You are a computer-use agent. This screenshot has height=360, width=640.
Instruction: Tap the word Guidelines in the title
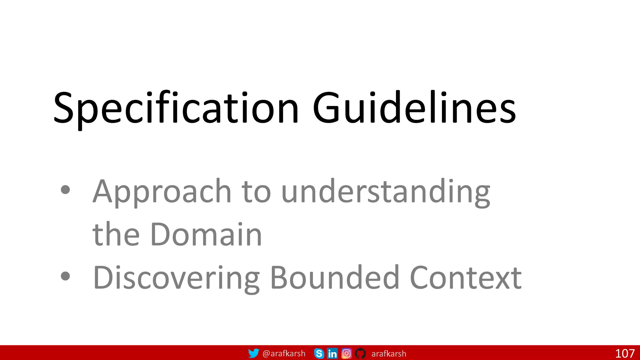pos(414,108)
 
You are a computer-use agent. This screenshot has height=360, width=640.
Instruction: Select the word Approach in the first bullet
pos(162,191)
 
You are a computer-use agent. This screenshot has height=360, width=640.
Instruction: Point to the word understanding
pos(386,191)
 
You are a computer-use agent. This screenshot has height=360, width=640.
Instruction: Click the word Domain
pos(206,234)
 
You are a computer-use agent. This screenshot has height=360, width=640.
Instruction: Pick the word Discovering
pos(176,277)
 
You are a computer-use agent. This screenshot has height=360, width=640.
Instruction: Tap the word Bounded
pos(335,277)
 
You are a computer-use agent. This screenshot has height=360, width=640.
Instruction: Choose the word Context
pos(465,277)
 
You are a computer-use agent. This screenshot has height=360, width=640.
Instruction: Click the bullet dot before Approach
pos(65,190)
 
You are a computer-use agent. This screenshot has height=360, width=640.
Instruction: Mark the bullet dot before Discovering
pos(65,276)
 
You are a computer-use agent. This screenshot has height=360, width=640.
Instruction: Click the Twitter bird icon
pos(253,353)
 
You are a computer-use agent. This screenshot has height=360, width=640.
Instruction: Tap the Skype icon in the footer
pos(319,353)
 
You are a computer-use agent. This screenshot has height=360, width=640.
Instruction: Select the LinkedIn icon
pos(332,353)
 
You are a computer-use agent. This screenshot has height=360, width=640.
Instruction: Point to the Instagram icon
pos(346,353)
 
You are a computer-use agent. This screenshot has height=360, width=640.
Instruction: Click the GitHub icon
pos(360,353)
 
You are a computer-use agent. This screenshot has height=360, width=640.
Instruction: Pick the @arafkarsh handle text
pos(284,353)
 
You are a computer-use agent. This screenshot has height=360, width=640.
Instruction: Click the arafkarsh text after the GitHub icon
pos(389,353)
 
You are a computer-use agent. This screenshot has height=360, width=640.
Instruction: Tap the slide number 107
pos(625,353)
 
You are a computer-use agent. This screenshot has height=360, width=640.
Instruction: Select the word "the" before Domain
pos(116,234)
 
